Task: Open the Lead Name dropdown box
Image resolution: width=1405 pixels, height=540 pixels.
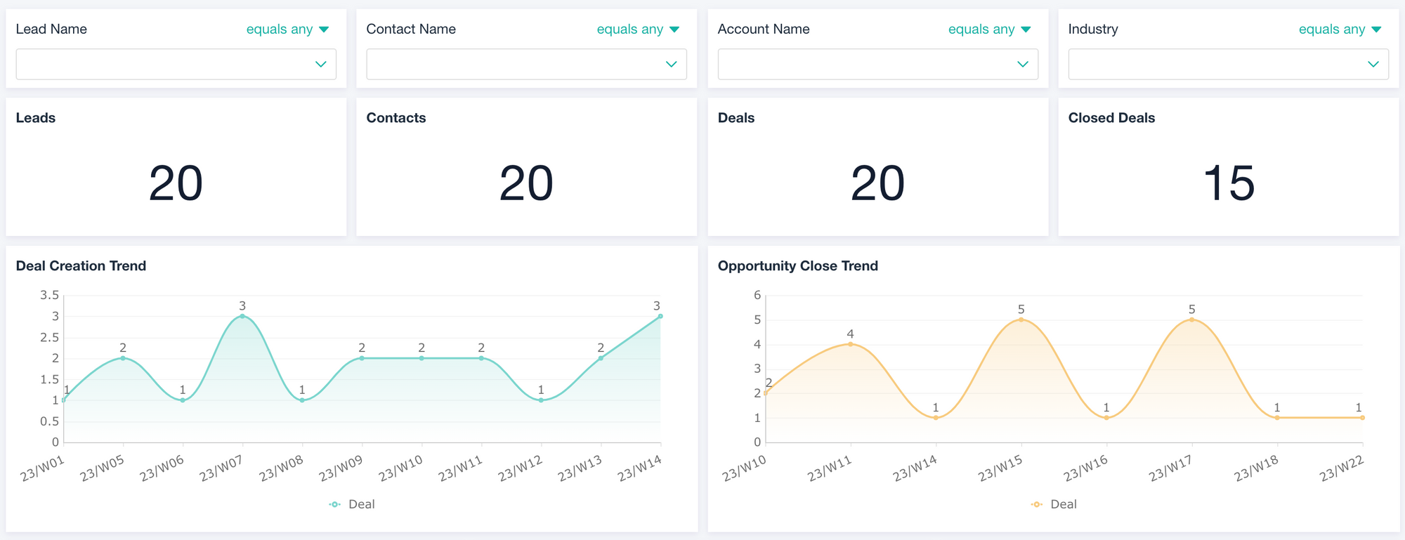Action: click(x=176, y=64)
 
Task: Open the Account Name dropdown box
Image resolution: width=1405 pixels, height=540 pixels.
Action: click(x=877, y=64)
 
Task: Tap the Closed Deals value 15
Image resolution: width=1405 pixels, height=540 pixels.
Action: click(x=1228, y=183)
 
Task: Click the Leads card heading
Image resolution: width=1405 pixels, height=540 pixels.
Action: click(x=36, y=118)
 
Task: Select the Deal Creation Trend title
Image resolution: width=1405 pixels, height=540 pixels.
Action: click(x=81, y=266)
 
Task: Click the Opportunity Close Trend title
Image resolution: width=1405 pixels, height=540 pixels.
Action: click(x=797, y=266)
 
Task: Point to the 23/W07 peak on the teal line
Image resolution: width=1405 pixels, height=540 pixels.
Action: click(x=242, y=316)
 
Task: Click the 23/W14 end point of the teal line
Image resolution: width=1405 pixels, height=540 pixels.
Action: click(x=660, y=316)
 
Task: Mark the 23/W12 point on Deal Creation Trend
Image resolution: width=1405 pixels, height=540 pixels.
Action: click(x=541, y=400)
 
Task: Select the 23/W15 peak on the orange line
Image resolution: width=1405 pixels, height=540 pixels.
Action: click(x=1021, y=320)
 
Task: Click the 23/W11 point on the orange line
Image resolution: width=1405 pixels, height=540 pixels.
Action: click(x=851, y=344)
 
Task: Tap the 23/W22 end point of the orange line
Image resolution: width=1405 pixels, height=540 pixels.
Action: click(x=1362, y=418)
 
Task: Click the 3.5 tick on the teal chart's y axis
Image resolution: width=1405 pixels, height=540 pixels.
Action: click(x=49, y=295)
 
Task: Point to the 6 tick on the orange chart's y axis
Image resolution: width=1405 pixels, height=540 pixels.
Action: click(x=757, y=295)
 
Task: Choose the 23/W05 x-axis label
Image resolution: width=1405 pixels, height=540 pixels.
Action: click(x=102, y=468)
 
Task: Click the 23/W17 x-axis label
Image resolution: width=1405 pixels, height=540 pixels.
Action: click(x=1170, y=468)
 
